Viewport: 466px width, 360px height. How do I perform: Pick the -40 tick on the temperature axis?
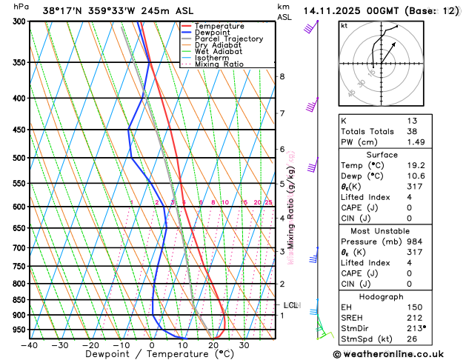click(x=30, y=345)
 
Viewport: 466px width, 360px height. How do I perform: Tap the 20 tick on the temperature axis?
click(x=213, y=345)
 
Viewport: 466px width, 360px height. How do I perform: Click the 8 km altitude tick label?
click(x=282, y=77)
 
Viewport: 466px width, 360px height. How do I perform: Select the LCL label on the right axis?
click(x=291, y=305)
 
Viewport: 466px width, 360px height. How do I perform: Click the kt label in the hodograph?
click(x=344, y=26)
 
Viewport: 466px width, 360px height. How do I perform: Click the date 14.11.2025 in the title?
click(x=330, y=11)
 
